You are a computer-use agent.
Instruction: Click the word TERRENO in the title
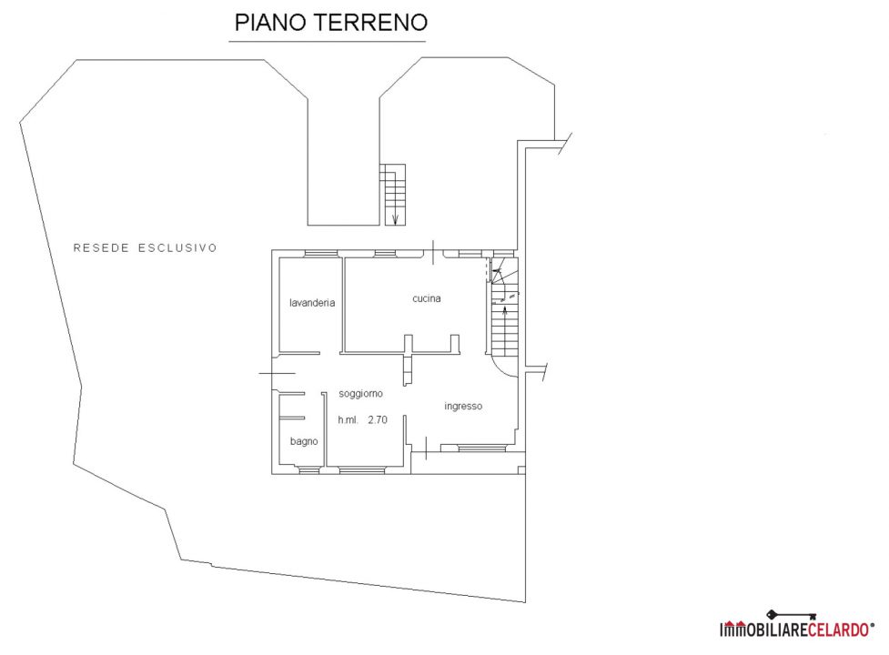(x=370, y=22)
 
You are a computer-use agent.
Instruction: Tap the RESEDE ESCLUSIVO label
(x=146, y=247)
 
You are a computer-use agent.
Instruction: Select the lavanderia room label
(x=312, y=303)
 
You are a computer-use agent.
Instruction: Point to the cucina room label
(x=427, y=298)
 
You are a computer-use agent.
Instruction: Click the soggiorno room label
(x=360, y=394)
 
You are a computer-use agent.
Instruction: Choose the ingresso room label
(x=463, y=407)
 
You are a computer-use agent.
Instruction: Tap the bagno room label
(x=304, y=441)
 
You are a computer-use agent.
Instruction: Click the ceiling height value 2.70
(x=378, y=420)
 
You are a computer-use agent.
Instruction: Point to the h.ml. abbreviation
(x=349, y=420)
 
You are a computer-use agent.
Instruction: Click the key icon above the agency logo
(x=791, y=615)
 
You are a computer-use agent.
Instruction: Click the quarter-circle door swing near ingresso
(x=506, y=368)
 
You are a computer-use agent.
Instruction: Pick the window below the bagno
(x=308, y=469)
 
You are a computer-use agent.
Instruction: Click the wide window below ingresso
(x=482, y=448)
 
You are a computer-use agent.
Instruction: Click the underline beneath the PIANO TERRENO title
(x=328, y=41)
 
